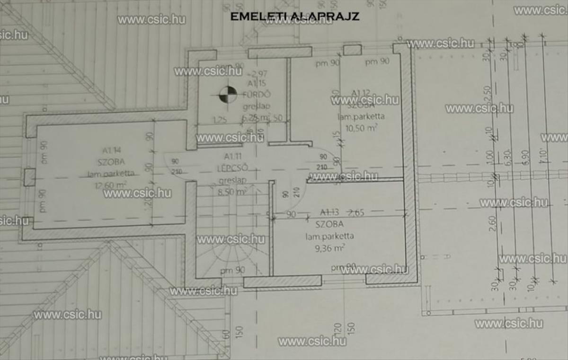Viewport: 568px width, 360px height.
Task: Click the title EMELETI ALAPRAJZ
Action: (294, 17)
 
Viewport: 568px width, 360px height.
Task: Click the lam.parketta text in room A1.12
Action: (361, 116)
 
